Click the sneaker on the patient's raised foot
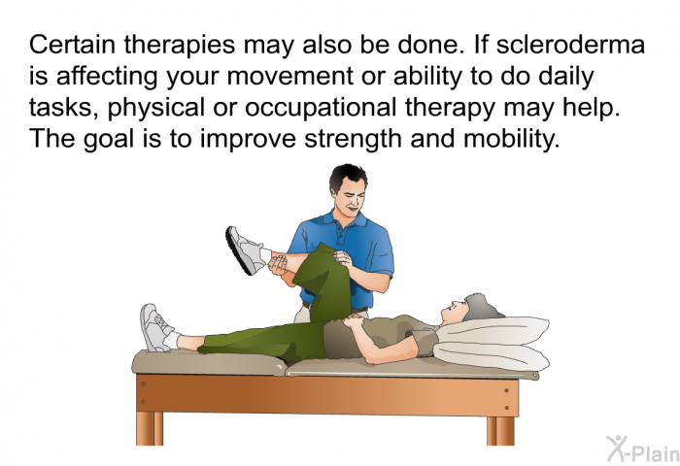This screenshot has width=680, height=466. click(244, 249)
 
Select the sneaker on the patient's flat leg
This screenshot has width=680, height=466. click(155, 327)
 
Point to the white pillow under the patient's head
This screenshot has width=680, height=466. click(491, 340)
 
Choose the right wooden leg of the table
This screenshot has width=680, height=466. click(500, 428)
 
